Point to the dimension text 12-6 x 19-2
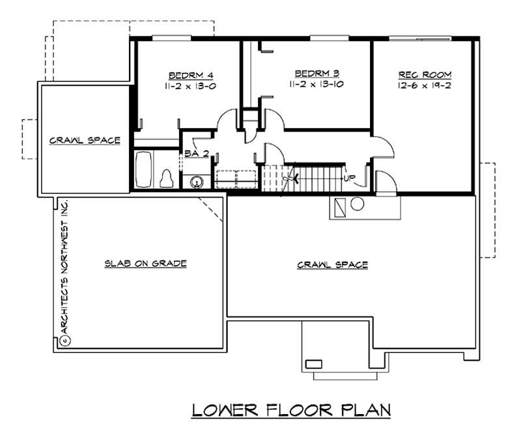tap(423, 85)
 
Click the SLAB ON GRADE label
tap(146, 264)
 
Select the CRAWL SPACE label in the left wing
tap(85, 140)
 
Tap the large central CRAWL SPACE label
tap(333, 265)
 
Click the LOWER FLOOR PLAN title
tap(291, 410)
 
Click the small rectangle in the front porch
tap(315, 363)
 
